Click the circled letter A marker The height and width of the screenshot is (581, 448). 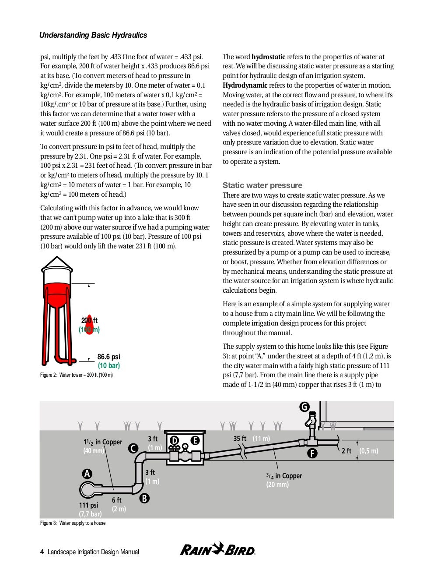click(x=87, y=474)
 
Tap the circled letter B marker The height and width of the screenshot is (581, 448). click(x=144, y=498)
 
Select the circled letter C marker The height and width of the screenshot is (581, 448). click(x=133, y=448)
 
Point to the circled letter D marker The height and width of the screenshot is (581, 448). click(x=174, y=440)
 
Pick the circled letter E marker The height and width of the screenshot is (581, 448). click(x=195, y=440)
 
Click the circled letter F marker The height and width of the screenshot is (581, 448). click(x=312, y=453)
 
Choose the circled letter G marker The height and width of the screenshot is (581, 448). click(x=304, y=407)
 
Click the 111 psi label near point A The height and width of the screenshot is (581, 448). click(x=88, y=505)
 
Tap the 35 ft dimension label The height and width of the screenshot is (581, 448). click(x=240, y=439)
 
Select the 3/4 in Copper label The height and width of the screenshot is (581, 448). click(x=284, y=476)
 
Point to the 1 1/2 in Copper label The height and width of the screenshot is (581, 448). click(x=103, y=442)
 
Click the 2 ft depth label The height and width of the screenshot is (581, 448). click(x=346, y=451)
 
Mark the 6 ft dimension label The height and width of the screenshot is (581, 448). click(x=116, y=500)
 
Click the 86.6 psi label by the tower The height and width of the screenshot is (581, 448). click(x=108, y=357)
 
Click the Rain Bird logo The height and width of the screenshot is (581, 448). click(x=217, y=549)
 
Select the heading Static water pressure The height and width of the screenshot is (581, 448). click(x=262, y=185)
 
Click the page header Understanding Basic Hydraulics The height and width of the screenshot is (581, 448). click(x=93, y=35)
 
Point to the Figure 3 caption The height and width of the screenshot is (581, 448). click(x=73, y=523)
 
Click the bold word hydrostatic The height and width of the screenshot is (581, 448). click(x=268, y=57)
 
